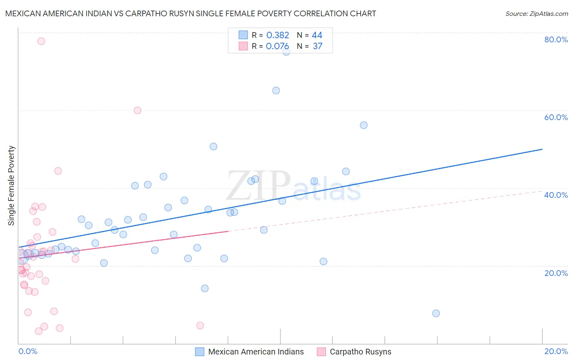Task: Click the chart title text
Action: pyautogui.click(x=191, y=13)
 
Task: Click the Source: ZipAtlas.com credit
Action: pyautogui.click(x=536, y=13)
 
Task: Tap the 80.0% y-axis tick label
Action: pyautogui.click(x=556, y=39)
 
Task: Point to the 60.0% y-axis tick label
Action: pyautogui.click(x=556, y=117)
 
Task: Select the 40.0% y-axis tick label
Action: pyautogui.click(x=556, y=195)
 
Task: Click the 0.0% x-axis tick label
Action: pyautogui.click(x=28, y=351)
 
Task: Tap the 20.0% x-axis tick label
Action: pyautogui.click(x=556, y=351)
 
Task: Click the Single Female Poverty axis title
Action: pyautogui.click(x=11, y=186)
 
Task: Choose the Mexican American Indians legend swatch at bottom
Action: pyautogui.click(x=199, y=352)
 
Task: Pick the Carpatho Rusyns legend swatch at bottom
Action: pyautogui.click(x=321, y=352)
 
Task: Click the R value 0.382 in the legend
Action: pyautogui.click(x=278, y=35)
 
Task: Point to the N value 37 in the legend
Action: pyautogui.click(x=317, y=46)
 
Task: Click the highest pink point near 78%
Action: pyautogui.click(x=41, y=41)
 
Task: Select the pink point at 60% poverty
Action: pyautogui.click(x=137, y=110)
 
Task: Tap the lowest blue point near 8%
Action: pyautogui.click(x=436, y=313)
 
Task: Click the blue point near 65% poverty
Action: pyautogui.click(x=276, y=91)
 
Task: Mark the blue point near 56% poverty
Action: pyautogui.click(x=364, y=125)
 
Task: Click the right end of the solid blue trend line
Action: pyautogui.click(x=542, y=149)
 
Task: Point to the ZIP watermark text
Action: pyautogui.click(x=258, y=185)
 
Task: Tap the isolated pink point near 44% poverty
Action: pyautogui.click(x=58, y=171)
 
